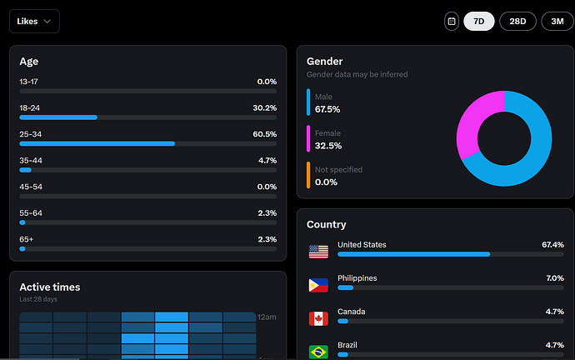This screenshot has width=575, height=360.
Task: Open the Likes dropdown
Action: tap(34, 21)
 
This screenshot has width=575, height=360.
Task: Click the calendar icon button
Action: tap(451, 21)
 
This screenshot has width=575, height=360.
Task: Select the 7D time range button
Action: tap(478, 21)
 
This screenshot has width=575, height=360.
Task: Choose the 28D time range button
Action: tap(517, 21)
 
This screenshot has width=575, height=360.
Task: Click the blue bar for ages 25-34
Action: tap(97, 143)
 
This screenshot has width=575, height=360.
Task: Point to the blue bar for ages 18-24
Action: tap(58, 117)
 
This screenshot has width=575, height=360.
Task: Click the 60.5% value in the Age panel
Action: tap(264, 134)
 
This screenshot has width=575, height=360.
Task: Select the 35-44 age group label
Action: tap(31, 160)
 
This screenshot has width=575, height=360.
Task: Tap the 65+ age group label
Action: tap(27, 239)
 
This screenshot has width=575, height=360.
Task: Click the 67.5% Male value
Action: tap(327, 109)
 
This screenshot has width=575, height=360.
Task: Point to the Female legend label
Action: tap(327, 133)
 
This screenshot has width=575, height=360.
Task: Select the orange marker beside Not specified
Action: tap(308, 175)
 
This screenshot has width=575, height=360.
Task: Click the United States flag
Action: tap(318, 251)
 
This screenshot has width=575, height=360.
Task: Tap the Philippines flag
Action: tap(318, 285)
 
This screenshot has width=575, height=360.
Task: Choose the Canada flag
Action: tap(318, 318)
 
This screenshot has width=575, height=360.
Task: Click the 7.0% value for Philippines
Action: tap(554, 278)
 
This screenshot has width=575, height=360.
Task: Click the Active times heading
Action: tap(50, 287)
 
